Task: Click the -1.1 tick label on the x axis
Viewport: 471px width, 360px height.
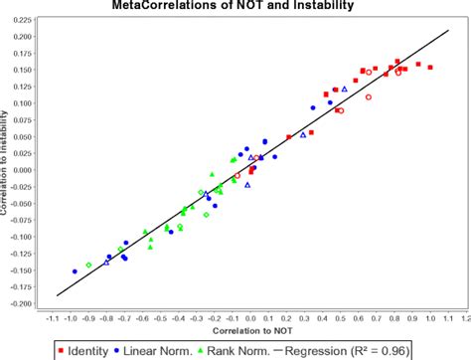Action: [52, 318]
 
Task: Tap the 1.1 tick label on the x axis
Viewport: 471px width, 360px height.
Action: [447, 318]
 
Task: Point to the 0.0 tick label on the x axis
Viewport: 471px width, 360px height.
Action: [250, 318]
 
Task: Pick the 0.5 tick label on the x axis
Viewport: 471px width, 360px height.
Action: [340, 318]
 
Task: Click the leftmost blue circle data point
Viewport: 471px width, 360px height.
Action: [75, 271]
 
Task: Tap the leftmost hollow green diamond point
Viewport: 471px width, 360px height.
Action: [89, 265]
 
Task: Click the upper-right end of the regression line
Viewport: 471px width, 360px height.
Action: [450, 29]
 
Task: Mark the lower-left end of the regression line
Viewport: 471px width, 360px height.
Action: [57, 295]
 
